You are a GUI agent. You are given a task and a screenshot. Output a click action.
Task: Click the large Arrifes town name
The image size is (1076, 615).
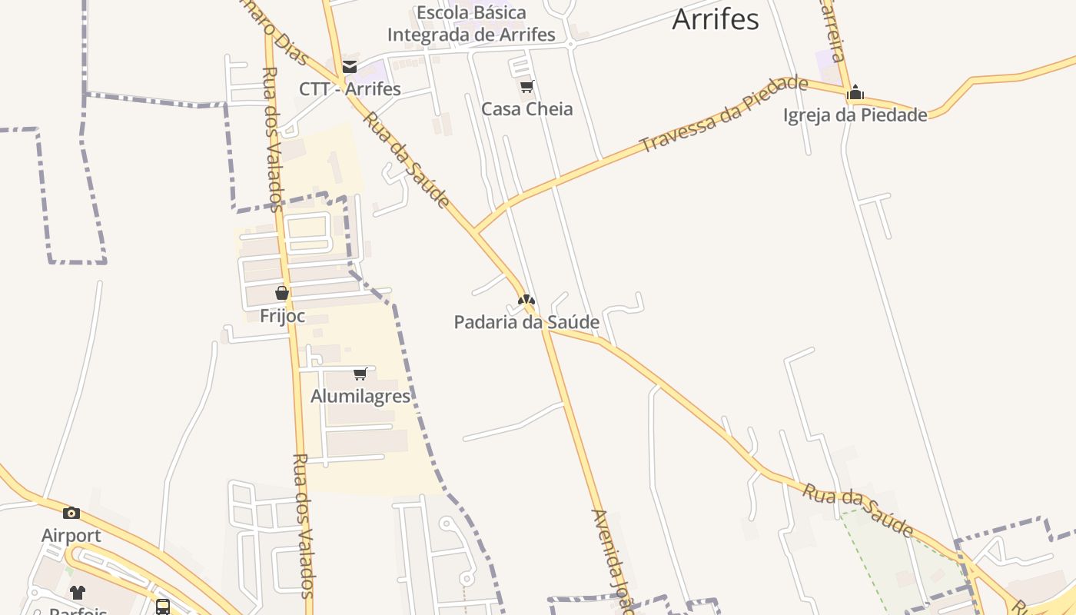tap(715, 20)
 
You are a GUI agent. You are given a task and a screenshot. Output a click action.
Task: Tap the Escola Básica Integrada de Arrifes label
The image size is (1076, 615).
tap(471, 24)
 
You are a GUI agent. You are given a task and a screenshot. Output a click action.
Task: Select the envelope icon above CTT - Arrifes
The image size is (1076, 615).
tap(350, 67)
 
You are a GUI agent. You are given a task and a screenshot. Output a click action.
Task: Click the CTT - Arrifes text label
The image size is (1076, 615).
tap(350, 88)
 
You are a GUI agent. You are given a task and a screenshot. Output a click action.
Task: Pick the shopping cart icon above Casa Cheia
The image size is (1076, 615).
tap(526, 87)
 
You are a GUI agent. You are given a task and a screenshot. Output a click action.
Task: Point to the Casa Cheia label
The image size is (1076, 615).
tap(526, 109)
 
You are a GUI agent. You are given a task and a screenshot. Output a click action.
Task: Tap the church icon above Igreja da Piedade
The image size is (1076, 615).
tap(855, 94)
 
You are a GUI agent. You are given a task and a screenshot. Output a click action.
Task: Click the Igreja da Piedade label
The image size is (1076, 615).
tap(855, 115)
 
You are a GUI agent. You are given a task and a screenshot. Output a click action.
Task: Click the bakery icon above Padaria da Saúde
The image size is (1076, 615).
tap(526, 301)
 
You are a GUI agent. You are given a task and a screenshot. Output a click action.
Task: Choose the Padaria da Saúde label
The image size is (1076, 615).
tap(526, 322)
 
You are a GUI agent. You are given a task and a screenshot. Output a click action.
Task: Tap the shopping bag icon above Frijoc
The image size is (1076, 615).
tap(282, 293)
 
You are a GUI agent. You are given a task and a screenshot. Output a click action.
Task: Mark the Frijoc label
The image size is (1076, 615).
tap(282, 316)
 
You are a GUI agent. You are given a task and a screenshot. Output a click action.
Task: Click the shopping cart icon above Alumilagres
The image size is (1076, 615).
tap(360, 374)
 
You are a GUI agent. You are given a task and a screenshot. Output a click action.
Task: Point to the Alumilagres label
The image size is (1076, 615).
tap(360, 397)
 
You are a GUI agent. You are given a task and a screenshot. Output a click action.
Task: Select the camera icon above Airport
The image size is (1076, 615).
tap(71, 513)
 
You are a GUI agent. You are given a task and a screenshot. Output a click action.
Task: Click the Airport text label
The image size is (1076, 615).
tap(71, 535)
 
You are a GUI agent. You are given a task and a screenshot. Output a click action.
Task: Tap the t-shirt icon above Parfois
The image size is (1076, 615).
tap(78, 593)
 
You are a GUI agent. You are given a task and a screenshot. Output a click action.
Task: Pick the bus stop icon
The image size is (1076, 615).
tap(163, 607)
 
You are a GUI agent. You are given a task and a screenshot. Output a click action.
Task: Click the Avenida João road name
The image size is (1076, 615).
tap(613, 561)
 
